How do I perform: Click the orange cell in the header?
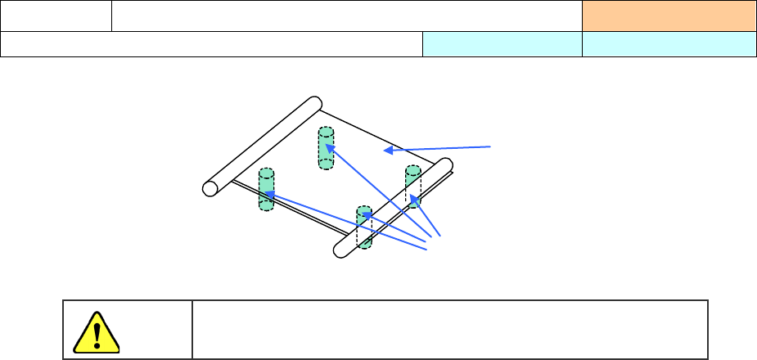[669, 16]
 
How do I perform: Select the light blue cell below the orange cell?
[669, 44]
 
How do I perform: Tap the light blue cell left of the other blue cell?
[502, 44]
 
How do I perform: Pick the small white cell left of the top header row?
[56, 16]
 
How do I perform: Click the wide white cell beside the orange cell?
[346, 16]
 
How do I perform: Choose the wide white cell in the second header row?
[211, 44]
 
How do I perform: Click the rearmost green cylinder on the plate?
[326, 148]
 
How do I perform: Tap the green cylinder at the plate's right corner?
[412, 185]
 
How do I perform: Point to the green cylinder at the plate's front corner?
[364, 227]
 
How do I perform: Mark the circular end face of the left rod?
[210, 188]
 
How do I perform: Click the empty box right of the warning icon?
[449, 329]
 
